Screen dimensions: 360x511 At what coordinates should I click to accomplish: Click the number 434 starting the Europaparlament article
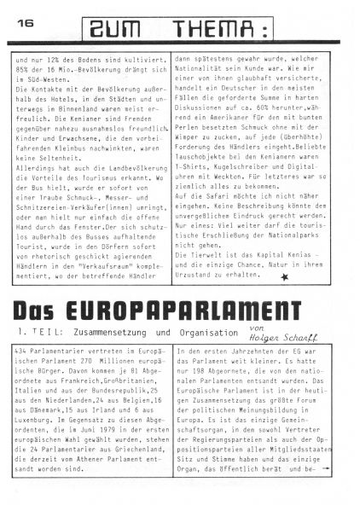point(23,352)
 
